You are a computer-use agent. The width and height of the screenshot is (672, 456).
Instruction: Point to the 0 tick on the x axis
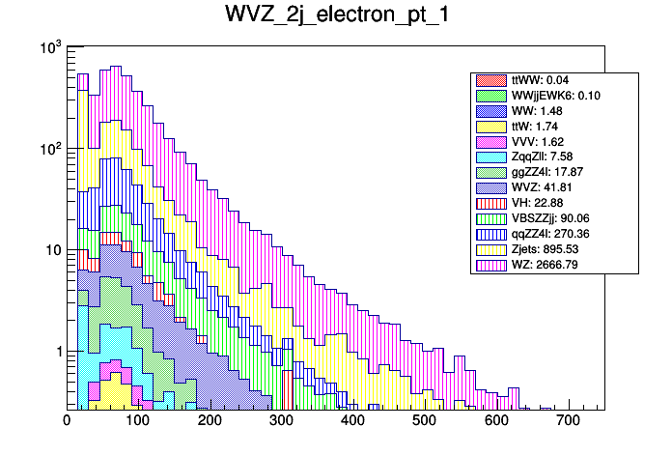[67, 421]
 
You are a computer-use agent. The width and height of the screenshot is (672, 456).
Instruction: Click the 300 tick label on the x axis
[281, 421]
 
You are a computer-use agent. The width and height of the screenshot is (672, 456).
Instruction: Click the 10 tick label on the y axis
[51, 250]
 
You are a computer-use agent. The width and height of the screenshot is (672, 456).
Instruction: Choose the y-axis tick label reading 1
[56, 352]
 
